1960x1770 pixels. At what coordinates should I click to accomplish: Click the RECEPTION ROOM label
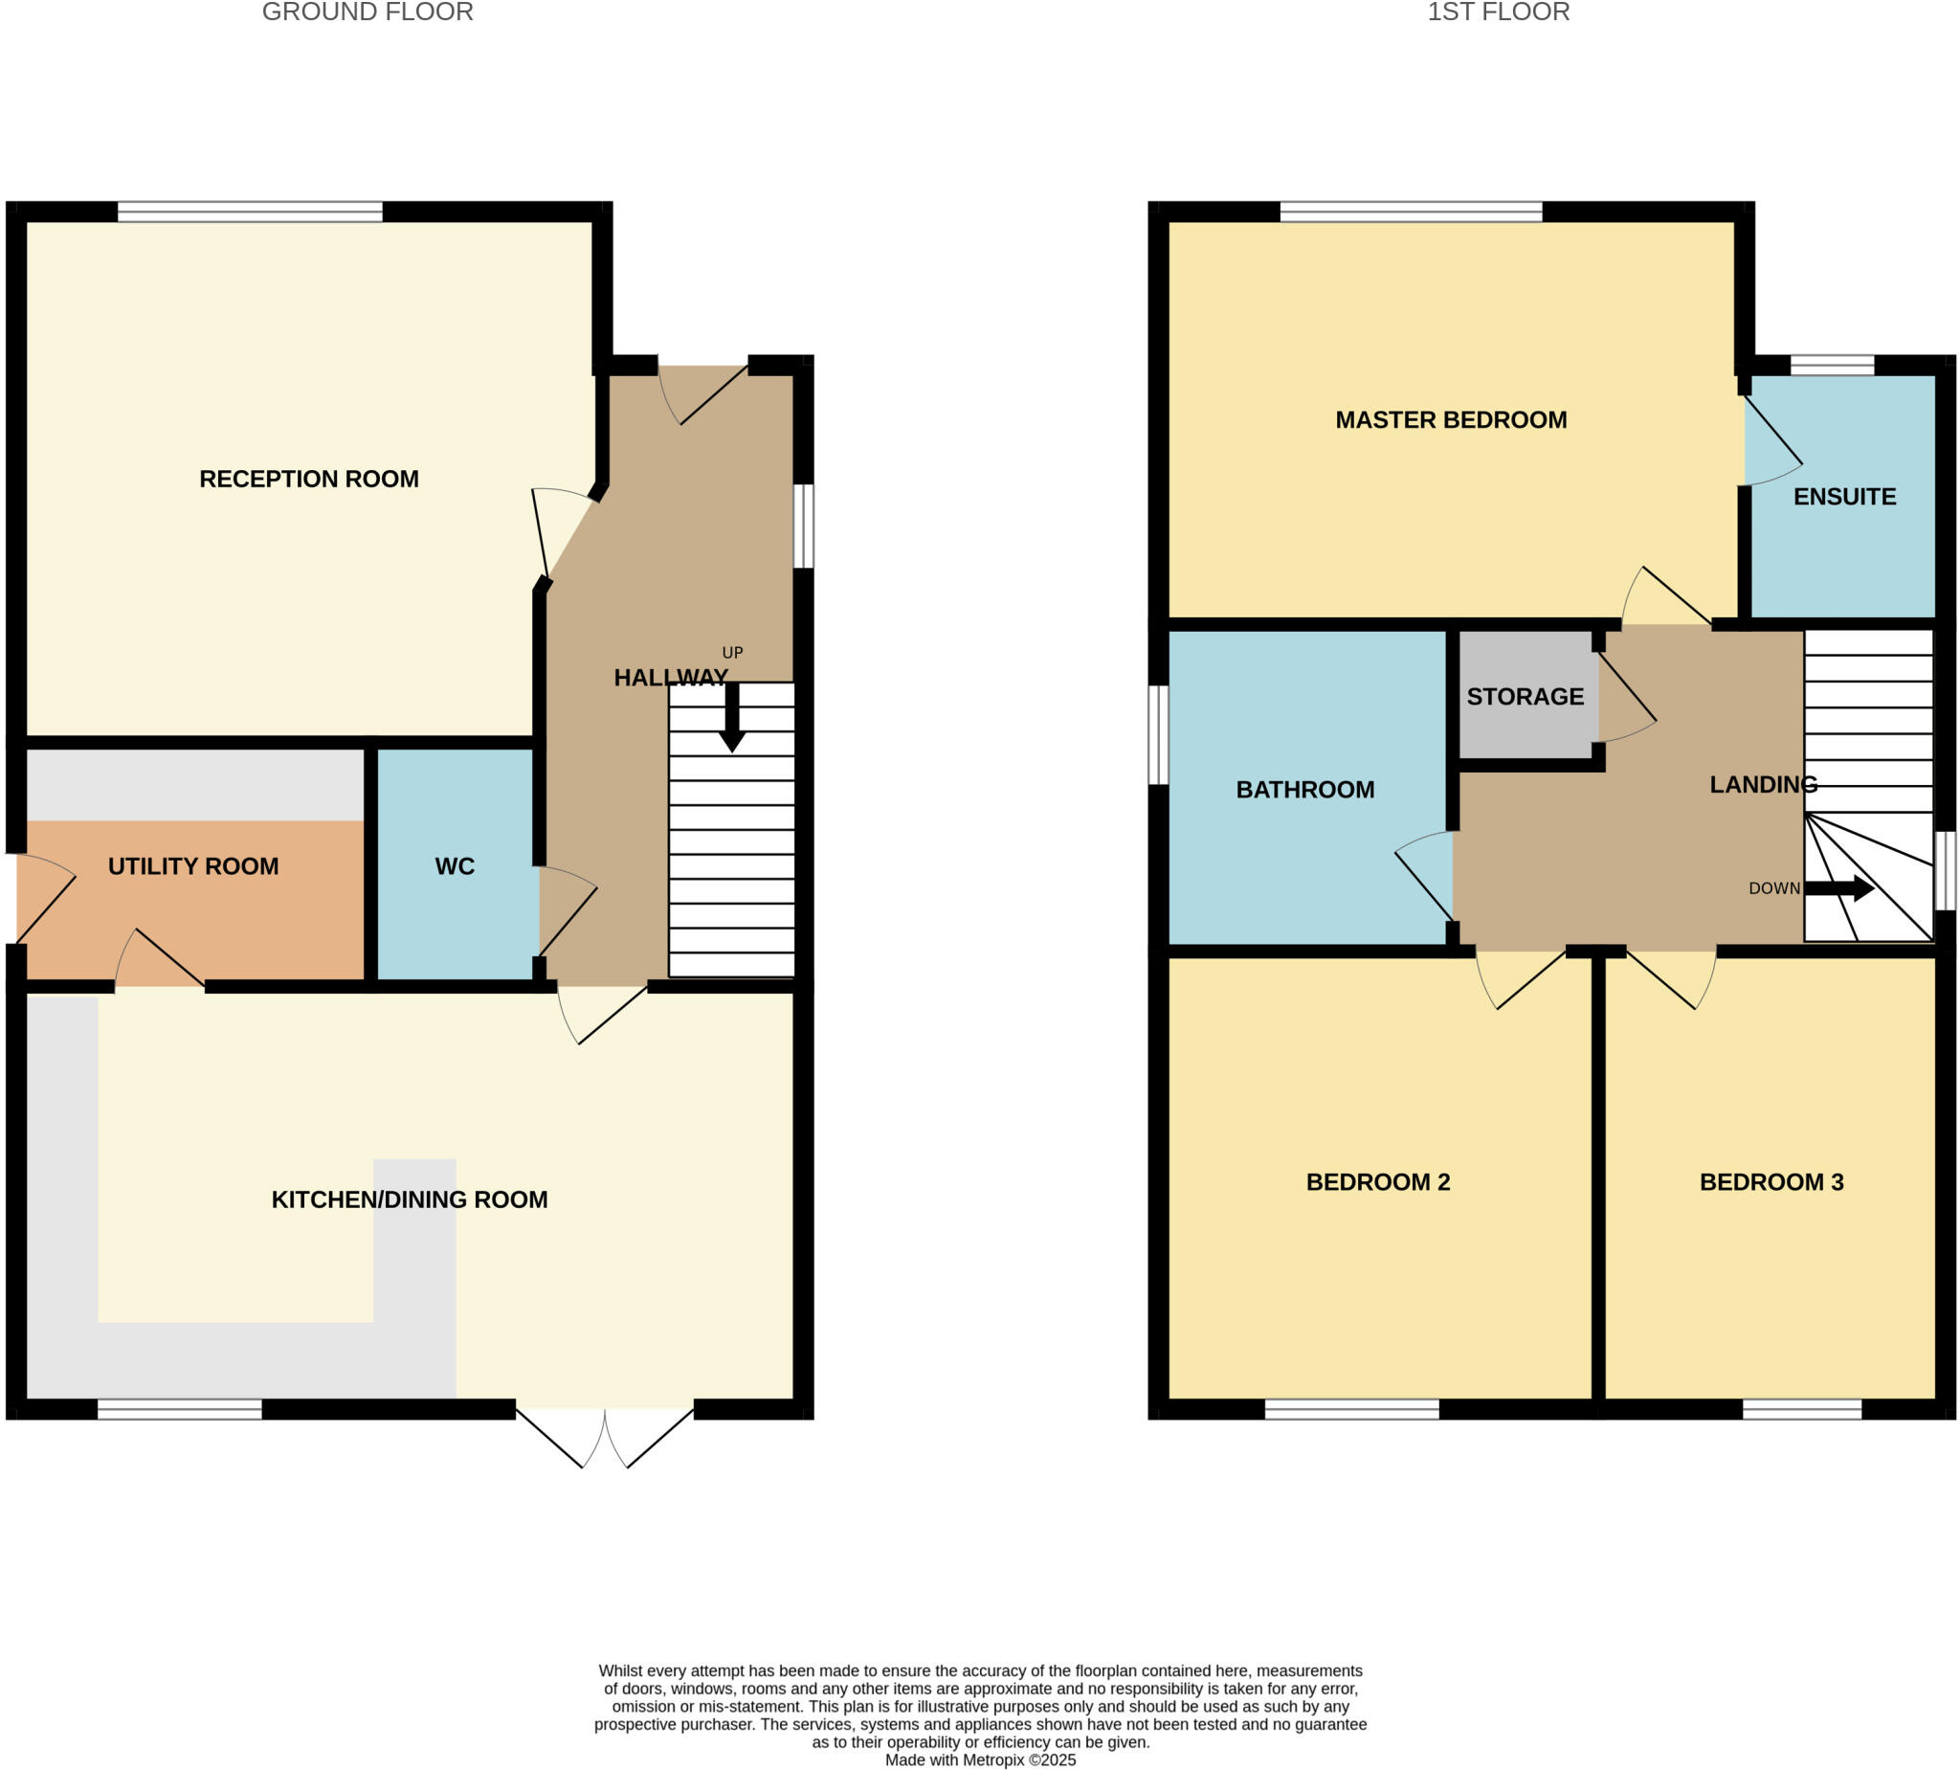308,479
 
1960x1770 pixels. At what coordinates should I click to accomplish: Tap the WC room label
454,865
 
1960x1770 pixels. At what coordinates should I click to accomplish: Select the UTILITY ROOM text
192,865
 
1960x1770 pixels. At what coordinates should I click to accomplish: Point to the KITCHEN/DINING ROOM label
409,1199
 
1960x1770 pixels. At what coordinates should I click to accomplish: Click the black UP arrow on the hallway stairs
731,718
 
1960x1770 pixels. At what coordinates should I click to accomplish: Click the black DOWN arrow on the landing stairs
1837,887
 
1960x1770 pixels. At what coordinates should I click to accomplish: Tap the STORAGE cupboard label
1525,696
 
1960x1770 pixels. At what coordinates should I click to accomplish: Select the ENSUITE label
1843,496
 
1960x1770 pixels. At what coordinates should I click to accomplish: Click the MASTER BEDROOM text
1450,419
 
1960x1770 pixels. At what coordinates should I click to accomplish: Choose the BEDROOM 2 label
1376,1181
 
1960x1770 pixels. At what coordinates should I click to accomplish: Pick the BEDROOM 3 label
1771,1181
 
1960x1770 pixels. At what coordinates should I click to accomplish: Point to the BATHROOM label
1303,789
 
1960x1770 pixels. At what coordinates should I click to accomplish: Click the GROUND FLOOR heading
367,11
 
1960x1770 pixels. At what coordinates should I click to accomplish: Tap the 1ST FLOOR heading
1497,11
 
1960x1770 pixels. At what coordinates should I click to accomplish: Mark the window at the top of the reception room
250,211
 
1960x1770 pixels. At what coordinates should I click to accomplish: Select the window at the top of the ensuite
1831,365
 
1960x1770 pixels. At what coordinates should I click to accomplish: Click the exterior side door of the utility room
44,900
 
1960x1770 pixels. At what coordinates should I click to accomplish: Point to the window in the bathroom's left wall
1157,734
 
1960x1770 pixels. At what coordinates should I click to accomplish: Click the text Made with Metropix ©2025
979,1759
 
